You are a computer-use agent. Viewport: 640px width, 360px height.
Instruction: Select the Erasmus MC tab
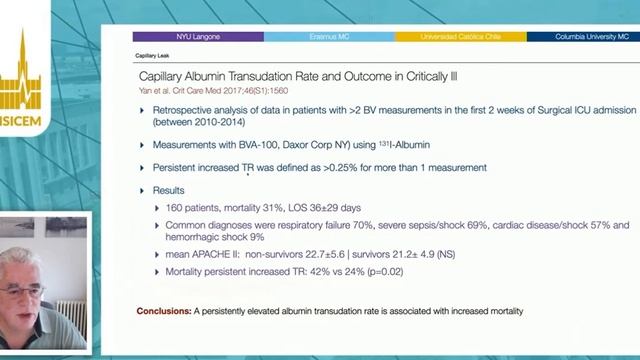click(329, 37)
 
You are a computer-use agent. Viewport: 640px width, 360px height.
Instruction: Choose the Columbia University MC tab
click(584, 37)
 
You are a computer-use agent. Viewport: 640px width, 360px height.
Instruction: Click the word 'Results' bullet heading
click(171, 189)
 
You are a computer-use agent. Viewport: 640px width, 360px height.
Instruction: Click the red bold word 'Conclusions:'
click(165, 312)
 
